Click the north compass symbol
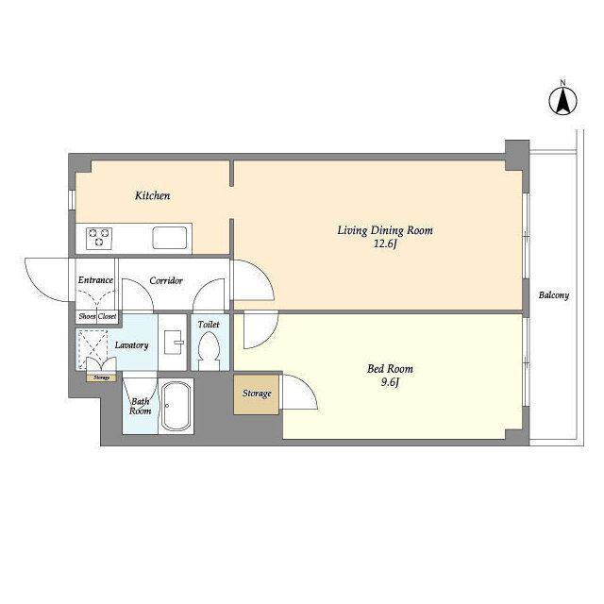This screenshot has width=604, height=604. tap(562, 101)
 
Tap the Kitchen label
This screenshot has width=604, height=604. tap(153, 195)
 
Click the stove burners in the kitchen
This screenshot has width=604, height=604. tap(99, 238)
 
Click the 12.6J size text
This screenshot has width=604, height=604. tap(385, 243)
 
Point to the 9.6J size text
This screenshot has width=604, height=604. tap(390, 382)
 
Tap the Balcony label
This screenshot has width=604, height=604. tap(554, 295)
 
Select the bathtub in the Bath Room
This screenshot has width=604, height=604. tap(176, 407)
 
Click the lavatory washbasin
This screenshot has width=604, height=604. tap(173, 342)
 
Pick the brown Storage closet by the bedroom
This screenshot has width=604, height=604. tap(256, 394)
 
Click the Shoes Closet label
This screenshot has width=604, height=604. tap(97, 316)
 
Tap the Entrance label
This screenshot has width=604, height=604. tap(95, 280)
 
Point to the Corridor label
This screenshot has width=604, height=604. tap(166, 280)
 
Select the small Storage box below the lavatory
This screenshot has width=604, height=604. tap(102, 377)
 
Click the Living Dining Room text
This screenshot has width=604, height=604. tap(385, 230)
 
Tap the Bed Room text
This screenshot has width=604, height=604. tap(390, 369)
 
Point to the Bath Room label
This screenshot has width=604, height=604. tap(141, 407)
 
